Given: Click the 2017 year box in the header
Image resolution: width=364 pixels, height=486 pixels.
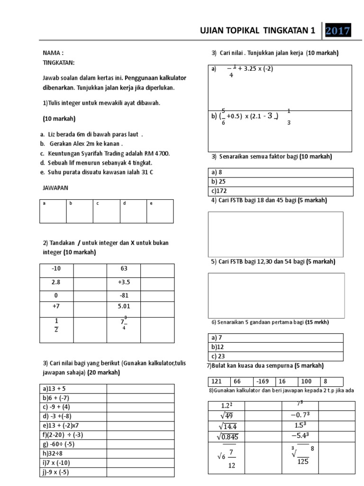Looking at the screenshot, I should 338,31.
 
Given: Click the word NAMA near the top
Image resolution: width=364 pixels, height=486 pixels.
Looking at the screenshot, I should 53,53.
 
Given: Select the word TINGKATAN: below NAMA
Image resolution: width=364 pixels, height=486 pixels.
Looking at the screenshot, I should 58,63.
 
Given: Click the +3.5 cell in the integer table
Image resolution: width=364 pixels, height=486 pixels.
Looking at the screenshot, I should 124,282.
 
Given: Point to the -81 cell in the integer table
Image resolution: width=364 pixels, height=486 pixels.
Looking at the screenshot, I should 124,295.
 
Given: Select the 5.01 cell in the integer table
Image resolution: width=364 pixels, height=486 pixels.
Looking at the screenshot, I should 124,307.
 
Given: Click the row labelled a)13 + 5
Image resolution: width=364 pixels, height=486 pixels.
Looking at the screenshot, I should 73,389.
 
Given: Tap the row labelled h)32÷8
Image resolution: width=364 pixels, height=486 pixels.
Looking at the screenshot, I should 73,454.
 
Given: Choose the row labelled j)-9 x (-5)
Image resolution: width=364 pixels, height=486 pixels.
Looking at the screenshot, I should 73,472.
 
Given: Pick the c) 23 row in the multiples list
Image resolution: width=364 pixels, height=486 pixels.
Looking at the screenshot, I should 275,356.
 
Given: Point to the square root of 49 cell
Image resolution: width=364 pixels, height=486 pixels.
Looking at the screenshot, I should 227,415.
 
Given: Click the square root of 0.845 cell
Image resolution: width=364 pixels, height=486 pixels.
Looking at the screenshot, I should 227,437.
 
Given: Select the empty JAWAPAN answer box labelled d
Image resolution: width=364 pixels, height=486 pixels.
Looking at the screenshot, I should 133,211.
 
